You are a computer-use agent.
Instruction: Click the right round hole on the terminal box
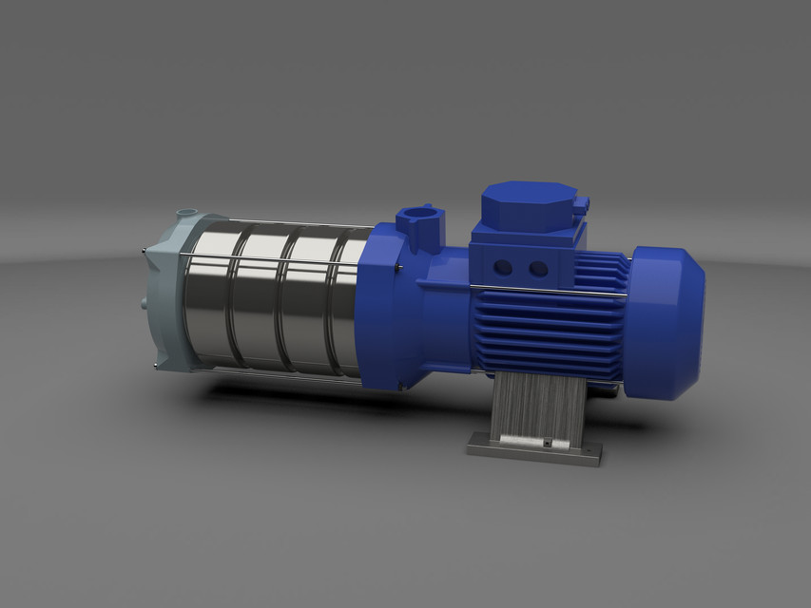coord(539,269)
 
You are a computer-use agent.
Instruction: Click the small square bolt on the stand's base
coord(548,443)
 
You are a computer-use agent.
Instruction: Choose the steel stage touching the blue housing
coord(344,304)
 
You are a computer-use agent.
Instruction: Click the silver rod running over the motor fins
coord(551,290)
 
